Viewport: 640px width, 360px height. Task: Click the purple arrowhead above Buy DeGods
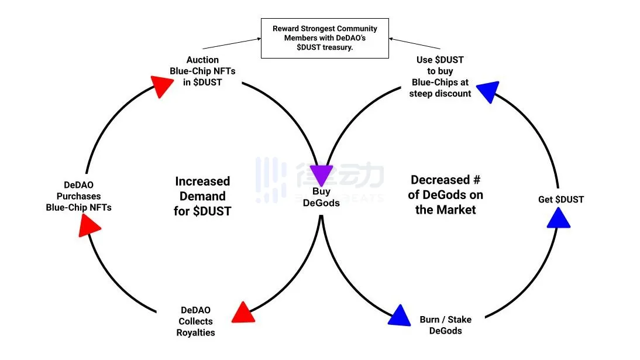click(320, 174)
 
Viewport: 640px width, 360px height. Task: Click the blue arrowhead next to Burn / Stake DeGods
click(400, 316)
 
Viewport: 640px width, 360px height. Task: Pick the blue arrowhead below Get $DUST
click(559, 218)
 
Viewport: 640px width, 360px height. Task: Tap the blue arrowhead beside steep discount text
click(488, 91)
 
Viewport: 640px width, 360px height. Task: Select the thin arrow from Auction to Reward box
click(230, 44)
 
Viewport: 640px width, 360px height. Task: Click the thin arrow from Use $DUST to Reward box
click(415, 44)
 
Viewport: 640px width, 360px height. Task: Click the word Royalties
click(196, 332)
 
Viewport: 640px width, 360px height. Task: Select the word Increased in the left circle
click(202, 181)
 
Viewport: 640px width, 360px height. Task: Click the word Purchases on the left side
click(78, 196)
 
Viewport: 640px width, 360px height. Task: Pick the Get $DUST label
click(560, 200)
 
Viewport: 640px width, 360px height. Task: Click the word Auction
click(202, 60)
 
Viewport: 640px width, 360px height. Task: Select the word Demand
click(202, 196)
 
